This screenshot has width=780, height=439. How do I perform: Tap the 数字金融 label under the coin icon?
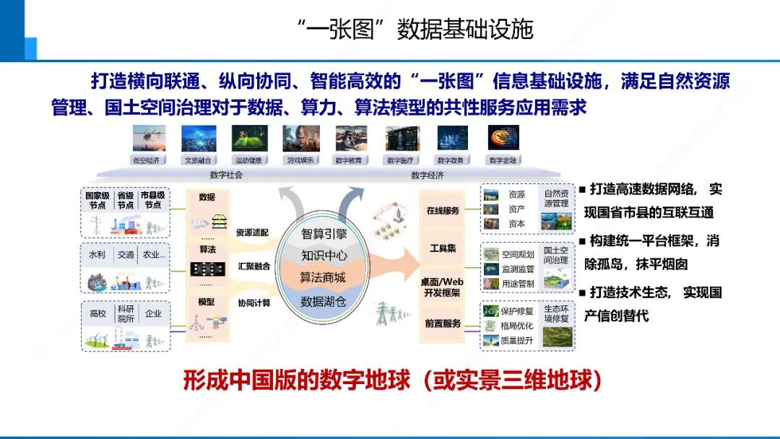click(x=504, y=160)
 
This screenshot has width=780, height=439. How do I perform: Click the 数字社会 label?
click(x=226, y=175)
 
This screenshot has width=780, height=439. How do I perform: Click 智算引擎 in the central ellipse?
click(x=324, y=233)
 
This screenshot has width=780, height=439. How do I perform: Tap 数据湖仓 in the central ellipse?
click(x=324, y=301)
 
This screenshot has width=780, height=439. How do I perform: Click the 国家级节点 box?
click(x=96, y=200)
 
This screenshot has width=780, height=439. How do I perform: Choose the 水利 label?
click(x=97, y=255)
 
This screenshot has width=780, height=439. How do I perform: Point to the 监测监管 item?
click(x=518, y=269)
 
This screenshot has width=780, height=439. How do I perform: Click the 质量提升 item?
click(x=517, y=340)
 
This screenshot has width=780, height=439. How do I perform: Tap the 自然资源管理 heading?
click(x=556, y=199)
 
